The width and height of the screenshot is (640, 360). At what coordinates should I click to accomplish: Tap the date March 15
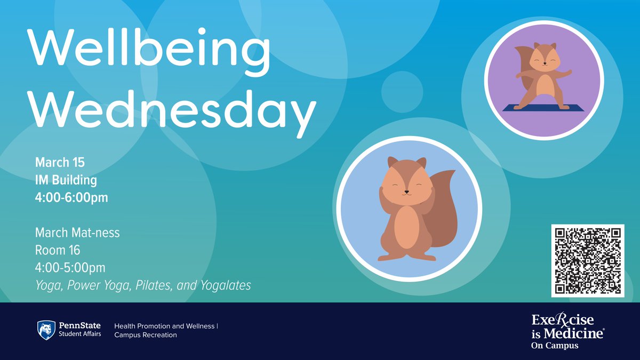[60, 162]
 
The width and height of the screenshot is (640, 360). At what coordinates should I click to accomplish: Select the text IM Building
[66, 180]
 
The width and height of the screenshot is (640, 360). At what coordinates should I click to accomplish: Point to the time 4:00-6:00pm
[71, 198]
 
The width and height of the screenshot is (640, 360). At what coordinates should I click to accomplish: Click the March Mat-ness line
[77, 233]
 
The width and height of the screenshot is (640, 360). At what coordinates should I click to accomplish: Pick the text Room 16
[58, 250]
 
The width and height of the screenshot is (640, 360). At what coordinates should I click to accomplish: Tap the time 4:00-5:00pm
[70, 268]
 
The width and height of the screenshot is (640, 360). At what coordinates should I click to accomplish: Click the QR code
[587, 261]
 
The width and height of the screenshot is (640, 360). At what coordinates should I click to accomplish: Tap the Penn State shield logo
[46, 330]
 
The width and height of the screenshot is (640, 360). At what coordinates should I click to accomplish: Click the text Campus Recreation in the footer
[146, 335]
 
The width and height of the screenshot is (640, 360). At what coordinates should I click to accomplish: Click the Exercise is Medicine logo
[567, 331]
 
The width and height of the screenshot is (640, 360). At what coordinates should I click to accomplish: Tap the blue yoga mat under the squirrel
[543, 107]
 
